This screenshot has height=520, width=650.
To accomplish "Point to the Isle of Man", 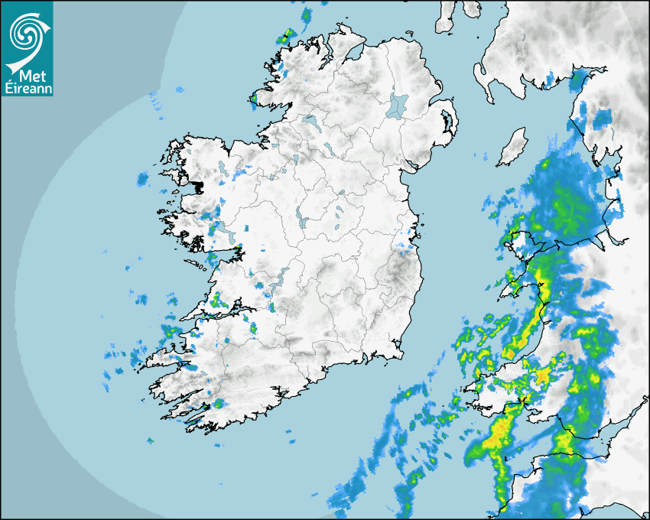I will tap(513, 147).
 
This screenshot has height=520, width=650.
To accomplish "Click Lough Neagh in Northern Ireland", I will tap(398, 105).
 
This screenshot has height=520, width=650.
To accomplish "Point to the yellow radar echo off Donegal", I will tap(285, 35).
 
